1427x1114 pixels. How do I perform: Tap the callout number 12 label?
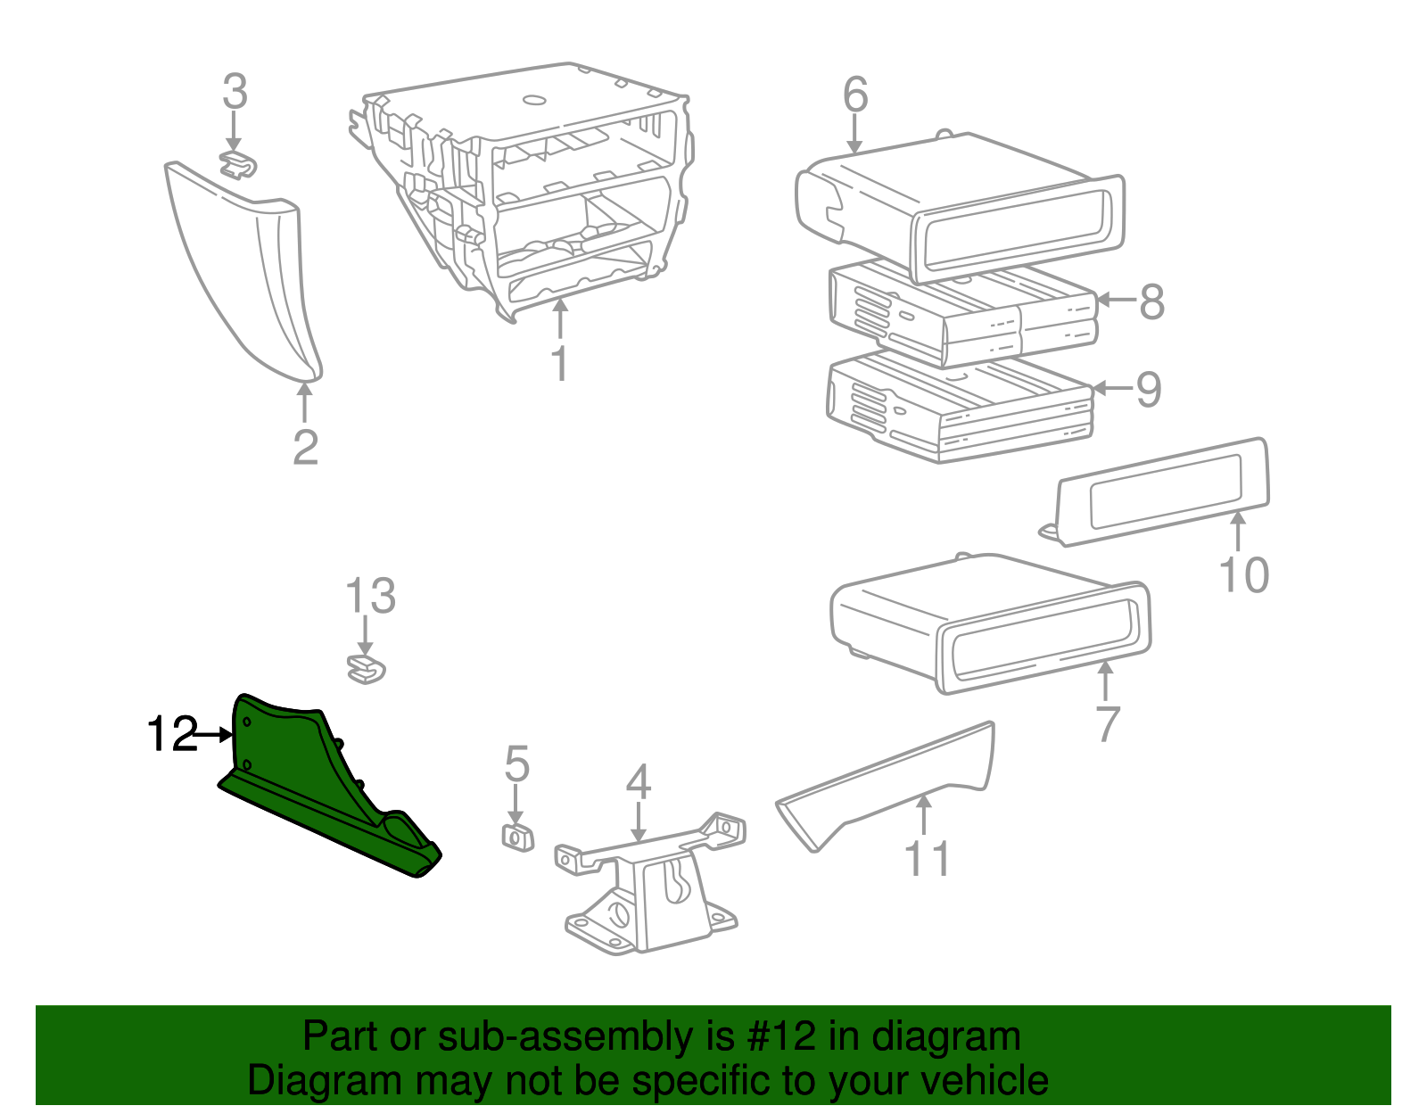(x=171, y=735)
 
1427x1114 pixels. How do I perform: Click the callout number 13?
(x=370, y=597)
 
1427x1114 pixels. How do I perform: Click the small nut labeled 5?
(x=517, y=838)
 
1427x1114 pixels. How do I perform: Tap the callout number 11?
(x=928, y=858)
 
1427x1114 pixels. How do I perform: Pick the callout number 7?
(x=1107, y=723)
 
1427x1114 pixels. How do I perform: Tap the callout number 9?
(x=1149, y=390)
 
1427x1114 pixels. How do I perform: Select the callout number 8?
(x=1152, y=301)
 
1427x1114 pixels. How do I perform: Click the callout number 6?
(x=855, y=95)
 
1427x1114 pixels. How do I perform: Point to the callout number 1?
(x=559, y=364)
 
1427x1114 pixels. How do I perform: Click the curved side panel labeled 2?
(x=250, y=276)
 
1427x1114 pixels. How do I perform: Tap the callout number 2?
(x=305, y=448)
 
